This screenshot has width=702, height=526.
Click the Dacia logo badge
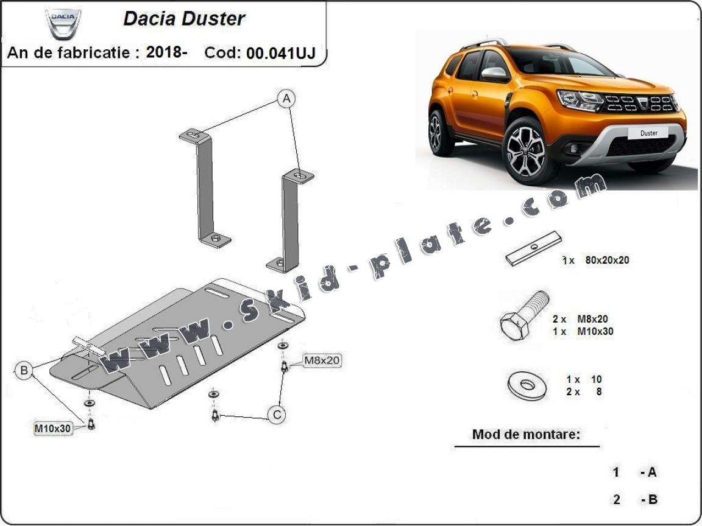click(x=63, y=24)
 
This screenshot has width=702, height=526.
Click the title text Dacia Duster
click(x=184, y=19)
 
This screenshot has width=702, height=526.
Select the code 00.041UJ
click(x=281, y=53)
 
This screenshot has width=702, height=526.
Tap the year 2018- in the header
click(x=166, y=52)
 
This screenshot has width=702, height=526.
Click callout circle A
click(x=286, y=99)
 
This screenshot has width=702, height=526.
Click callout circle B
click(x=24, y=370)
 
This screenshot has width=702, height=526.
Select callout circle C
click(x=277, y=415)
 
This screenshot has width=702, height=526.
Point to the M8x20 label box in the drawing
click(x=322, y=360)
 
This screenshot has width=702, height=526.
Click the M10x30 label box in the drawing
click(x=53, y=429)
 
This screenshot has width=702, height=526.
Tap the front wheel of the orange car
click(x=526, y=150)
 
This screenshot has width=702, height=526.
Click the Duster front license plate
click(x=648, y=133)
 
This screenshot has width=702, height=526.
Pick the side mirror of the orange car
click(x=495, y=74)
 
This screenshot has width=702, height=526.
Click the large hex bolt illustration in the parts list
click(x=524, y=316)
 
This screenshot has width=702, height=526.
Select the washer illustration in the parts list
click(x=527, y=385)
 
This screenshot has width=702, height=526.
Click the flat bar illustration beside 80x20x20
click(x=534, y=248)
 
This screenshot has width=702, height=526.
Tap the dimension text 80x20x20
click(x=607, y=260)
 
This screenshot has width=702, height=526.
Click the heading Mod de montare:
click(x=526, y=434)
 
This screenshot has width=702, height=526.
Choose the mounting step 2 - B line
click(x=636, y=499)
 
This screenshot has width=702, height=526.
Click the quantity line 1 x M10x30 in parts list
click(x=583, y=331)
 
